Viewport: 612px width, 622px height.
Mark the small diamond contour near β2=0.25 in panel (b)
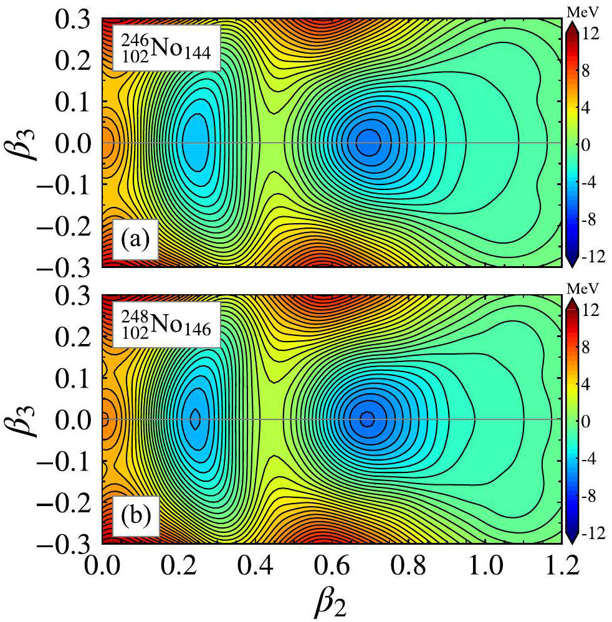click(x=196, y=419)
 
